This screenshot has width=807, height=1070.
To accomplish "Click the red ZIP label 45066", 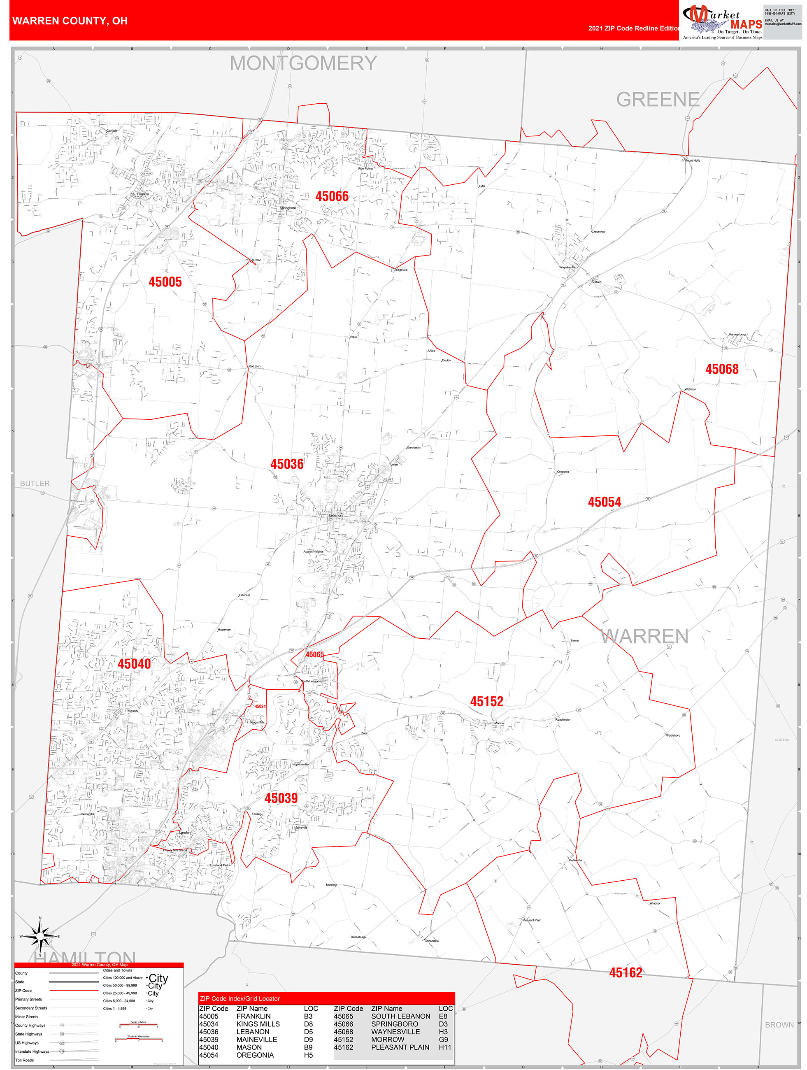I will pos(332,196).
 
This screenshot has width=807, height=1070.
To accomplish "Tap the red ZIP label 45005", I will pos(165,282).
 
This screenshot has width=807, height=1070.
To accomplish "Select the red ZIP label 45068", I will pos(722,369).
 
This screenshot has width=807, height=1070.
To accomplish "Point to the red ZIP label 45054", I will pos(604,502).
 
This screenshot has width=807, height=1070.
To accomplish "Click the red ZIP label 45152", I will pos(487,701).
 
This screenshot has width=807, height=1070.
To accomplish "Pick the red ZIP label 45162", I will pos(626,973).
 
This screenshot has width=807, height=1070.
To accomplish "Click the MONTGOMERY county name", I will pos(303,63).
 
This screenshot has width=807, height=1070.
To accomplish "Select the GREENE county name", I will pos(658,100).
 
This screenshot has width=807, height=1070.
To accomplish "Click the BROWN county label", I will pos(779,1025).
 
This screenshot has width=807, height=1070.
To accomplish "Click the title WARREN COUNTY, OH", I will pos(70,21).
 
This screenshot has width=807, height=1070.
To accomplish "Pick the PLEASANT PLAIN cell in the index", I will pos(400,1047).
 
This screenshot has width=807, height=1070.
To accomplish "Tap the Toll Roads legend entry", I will pos(25,1060).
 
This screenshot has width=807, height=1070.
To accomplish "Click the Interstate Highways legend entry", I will pos(32,1051).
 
